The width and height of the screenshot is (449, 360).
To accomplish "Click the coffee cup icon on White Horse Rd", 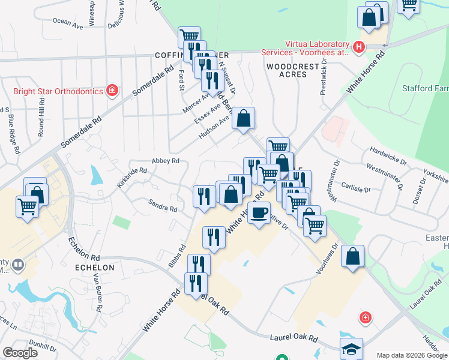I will pos(259,213).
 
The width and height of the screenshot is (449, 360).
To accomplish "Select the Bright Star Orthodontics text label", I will pos(58,92).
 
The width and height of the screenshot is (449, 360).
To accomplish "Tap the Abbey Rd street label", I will pos(166,161).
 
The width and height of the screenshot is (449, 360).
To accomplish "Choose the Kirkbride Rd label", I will pos(132,178).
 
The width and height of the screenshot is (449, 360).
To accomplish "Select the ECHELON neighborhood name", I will pos(94,267).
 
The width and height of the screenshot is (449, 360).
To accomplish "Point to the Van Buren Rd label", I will pos(98,292).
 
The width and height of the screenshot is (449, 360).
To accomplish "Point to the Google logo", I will pos(20,353).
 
